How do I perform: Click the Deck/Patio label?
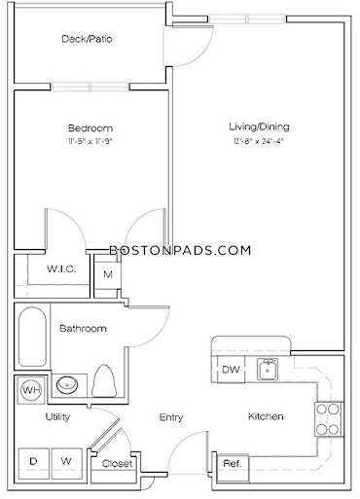point(87,39)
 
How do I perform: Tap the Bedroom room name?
point(90,128)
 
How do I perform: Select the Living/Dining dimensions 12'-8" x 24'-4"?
point(259,141)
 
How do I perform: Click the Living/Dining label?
point(259,126)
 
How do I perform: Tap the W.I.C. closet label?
point(61,268)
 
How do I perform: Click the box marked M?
point(108,275)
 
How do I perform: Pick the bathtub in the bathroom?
point(32,337)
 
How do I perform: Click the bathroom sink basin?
point(67,384)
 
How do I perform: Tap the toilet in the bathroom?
point(104,381)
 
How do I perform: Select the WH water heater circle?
point(31,390)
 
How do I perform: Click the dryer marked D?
point(34,464)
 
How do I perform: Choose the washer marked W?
point(67,464)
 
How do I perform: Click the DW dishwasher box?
point(231,370)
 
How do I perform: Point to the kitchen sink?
point(268,369)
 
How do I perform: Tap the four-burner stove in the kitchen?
point(328,419)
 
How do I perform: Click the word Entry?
point(171,417)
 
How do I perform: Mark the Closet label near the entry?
point(117,464)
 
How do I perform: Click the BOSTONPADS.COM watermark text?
point(180,250)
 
